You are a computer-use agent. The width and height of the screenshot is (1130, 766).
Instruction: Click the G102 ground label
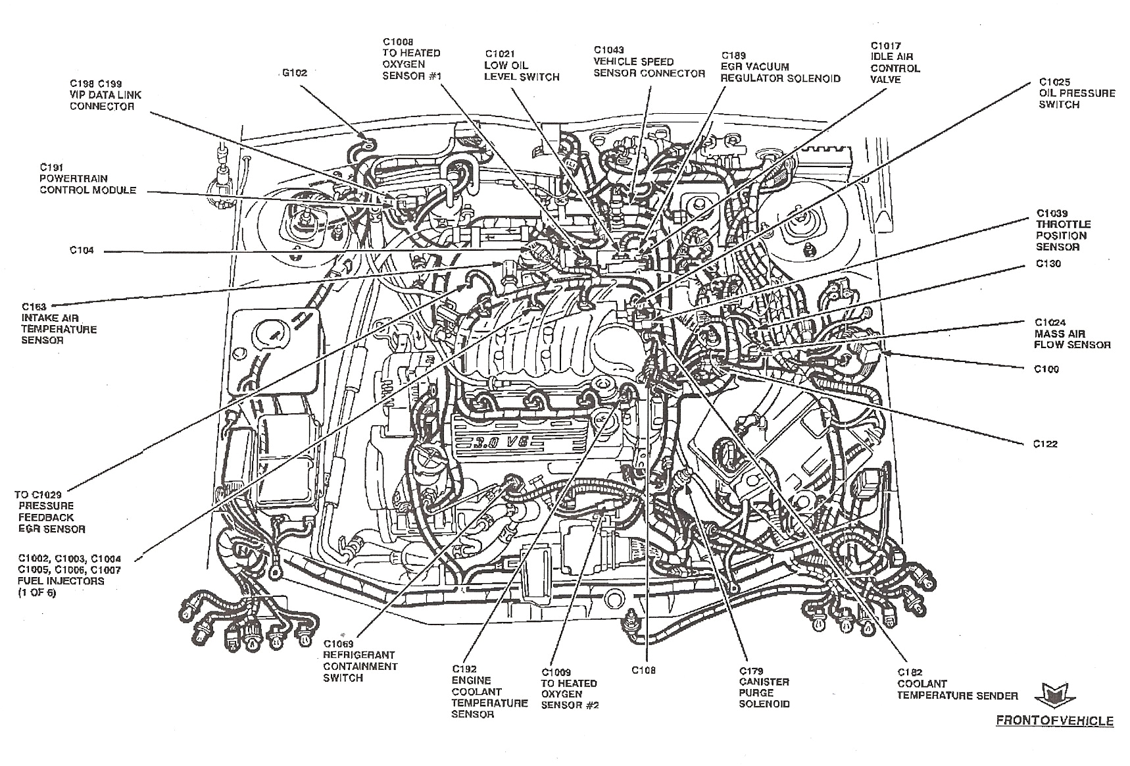click(294, 73)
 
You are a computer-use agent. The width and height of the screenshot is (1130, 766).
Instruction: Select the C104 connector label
click(82, 251)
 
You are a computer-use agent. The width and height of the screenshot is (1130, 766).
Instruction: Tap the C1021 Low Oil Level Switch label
click(522, 65)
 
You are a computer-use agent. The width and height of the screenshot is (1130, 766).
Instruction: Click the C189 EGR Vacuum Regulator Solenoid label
click(779, 67)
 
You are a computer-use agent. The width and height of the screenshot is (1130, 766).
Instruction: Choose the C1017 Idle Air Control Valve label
click(895, 63)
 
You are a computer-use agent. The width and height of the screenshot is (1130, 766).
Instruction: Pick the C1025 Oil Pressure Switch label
click(1077, 93)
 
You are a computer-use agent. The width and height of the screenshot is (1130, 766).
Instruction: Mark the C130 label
click(1048, 264)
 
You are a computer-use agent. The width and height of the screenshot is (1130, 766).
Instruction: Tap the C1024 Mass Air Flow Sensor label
click(1071, 334)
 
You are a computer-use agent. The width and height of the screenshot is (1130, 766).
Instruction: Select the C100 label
click(1046, 369)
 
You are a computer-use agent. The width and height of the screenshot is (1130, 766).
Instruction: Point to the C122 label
click(1044, 444)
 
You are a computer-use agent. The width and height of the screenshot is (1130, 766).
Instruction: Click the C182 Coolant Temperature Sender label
click(957, 684)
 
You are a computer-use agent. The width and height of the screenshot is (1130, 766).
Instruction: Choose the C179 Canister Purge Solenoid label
click(764, 687)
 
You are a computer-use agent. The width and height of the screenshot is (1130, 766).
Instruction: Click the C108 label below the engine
click(643, 671)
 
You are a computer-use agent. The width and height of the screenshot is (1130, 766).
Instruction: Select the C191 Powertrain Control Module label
click(87, 178)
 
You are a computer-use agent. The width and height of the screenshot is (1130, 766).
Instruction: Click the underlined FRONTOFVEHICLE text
click(1054, 721)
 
